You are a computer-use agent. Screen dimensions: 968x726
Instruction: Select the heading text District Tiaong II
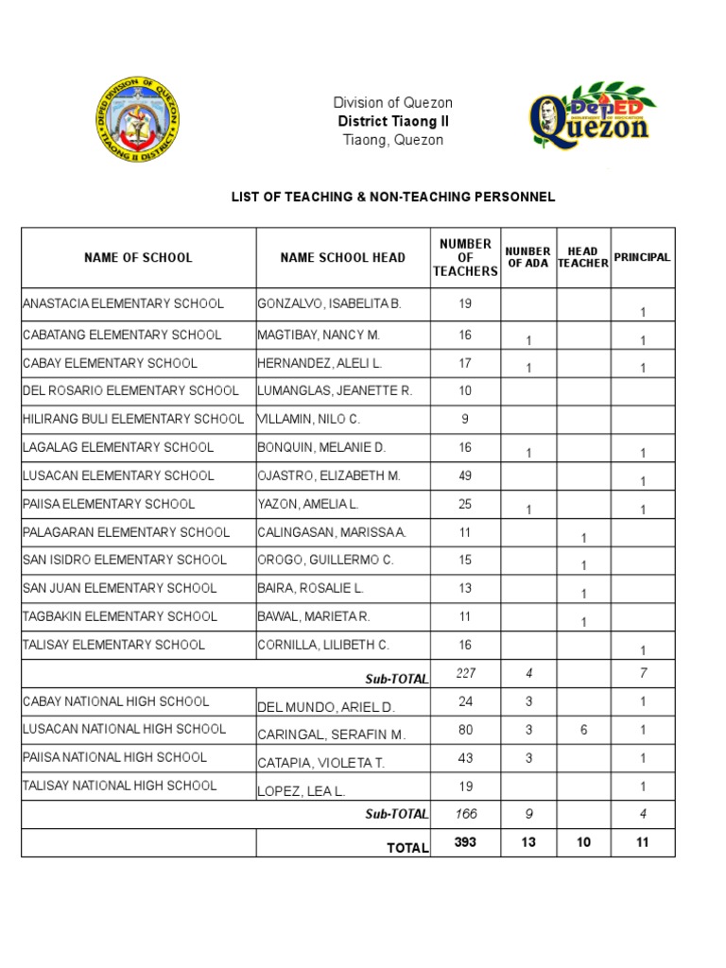[x=392, y=121]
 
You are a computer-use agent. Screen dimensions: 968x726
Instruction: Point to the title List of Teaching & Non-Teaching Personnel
[x=393, y=197]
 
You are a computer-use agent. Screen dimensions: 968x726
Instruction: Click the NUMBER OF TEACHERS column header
[x=465, y=257]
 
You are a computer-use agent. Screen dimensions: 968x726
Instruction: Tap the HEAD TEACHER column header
[x=583, y=257]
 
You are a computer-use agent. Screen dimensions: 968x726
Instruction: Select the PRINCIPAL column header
[x=642, y=257]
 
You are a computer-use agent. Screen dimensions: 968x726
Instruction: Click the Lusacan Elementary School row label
[x=118, y=475]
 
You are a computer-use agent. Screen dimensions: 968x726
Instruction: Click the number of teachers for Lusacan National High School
[x=465, y=729]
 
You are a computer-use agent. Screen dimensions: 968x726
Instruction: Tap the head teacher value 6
[x=583, y=730]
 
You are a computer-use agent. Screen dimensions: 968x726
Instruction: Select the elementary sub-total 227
[x=465, y=673]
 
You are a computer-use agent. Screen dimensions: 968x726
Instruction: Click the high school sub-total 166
[x=465, y=814]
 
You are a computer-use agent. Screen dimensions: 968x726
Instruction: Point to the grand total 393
[x=465, y=842]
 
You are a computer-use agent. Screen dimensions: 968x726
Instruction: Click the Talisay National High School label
[x=119, y=786]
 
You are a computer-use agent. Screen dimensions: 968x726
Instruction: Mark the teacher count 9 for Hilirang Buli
[x=465, y=418]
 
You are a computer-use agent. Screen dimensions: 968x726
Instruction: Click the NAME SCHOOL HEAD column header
[x=342, y=257]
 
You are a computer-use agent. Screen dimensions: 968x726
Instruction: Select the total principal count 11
[x=643, y=842]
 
